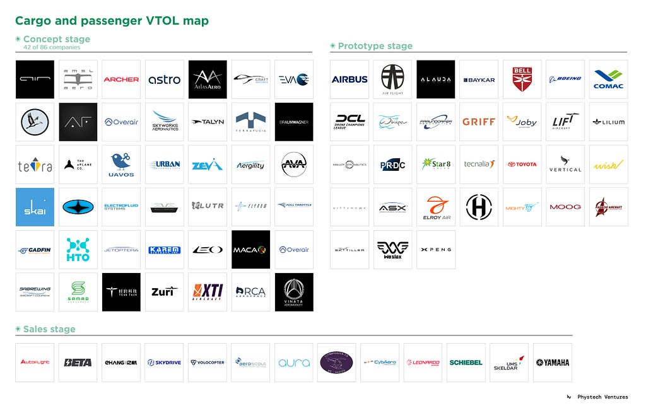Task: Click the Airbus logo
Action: (349, 79)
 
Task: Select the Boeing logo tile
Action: (565, 79)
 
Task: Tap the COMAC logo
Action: (608, 79)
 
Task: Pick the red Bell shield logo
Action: (522, 79)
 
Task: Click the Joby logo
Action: (522, 122)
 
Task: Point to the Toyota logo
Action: (522, 165)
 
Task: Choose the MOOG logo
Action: (565, 207)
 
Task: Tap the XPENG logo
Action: (436, 250)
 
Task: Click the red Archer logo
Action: (121, 79)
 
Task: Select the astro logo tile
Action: (164, 79)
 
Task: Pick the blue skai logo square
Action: (35, 207)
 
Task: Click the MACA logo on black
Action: (250, 250)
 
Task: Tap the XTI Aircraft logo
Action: (208, 292)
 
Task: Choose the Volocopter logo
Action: (208, 363)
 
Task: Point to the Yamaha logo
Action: (553, 363)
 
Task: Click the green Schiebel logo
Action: (466, 363)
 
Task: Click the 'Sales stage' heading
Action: (49, 329)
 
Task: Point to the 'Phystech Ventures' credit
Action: (603, 397)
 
